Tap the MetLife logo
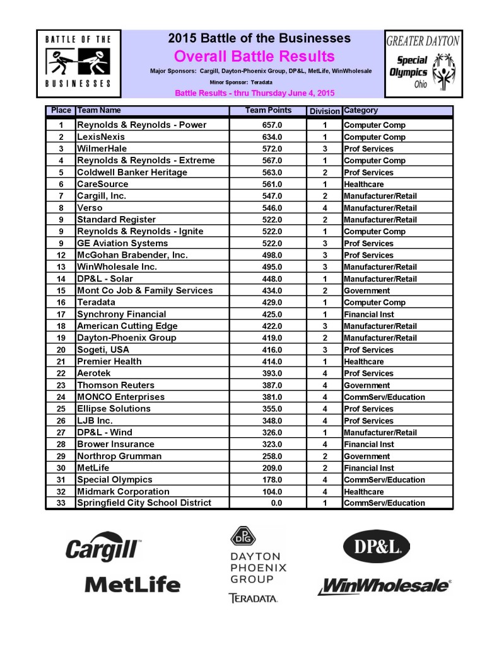click(x=132, y=585)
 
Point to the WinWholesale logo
click(x=384, y=586)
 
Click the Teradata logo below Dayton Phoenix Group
click(x=253, y=598)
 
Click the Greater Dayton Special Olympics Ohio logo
click(x=423, y=64)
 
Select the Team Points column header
click(x=268, y=111)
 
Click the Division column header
click(x=324, y=111)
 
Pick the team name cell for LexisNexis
click(x=101, y=137)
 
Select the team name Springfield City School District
click(x=144, y=503)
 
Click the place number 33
click(x=61, y=503)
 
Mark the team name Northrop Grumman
click(x=119, y=455)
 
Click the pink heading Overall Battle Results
click(x=254, y=57)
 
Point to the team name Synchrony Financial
click(x=122, y=314)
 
